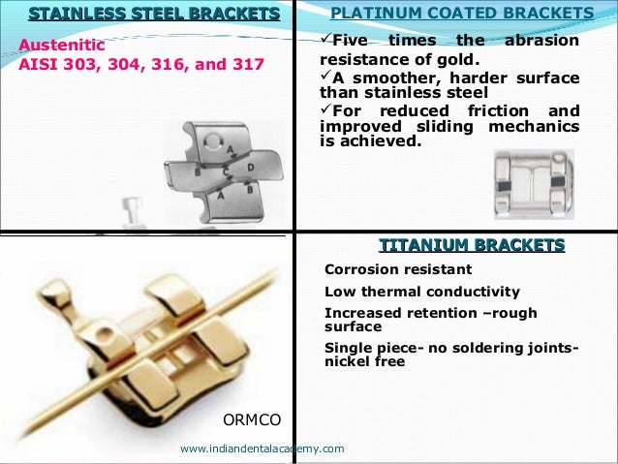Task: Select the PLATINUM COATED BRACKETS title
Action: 462,13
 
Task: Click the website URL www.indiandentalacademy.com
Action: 262,449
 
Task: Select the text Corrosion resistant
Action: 398,269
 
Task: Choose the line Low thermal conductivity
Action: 421,292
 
